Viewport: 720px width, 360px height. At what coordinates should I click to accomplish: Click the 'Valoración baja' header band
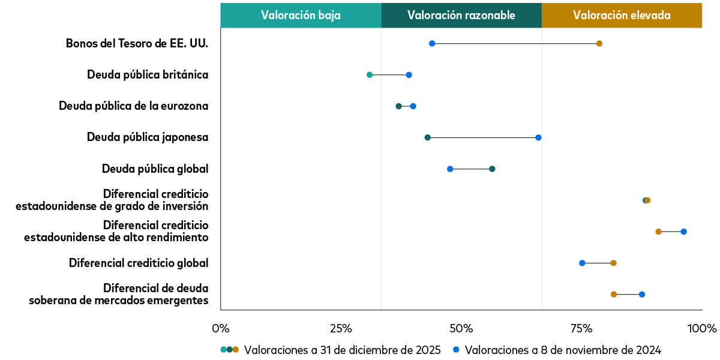click(x=301, y=16)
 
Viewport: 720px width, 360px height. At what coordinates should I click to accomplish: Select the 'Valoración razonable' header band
click(x=461, y=16)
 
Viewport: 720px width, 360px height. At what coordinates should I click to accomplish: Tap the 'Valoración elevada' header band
click(x=621, y=16)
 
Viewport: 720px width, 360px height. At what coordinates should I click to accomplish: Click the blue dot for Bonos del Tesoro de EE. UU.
click(x=432, y=43)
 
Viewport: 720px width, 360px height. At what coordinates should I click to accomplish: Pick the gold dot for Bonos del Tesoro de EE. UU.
click(x=599, y=43)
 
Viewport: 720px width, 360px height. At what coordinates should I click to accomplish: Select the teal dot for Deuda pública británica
click(x=370, y=75)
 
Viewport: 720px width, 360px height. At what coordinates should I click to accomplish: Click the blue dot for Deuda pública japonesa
click(x=538, y=137)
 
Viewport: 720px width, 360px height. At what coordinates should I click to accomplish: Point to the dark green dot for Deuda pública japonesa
click(x=427, y=137)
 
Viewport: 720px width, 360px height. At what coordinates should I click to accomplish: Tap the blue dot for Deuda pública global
click(x=450, y=169)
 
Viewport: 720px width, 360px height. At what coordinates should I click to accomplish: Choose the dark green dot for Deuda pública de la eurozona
click(x=398, y=106)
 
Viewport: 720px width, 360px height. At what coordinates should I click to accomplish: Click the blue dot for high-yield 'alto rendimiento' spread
click(x=683, y=232)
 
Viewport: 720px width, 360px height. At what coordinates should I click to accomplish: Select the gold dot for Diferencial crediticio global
click(x=613, y=263)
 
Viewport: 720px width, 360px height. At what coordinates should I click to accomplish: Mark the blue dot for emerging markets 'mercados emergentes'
click(x=642, y=294)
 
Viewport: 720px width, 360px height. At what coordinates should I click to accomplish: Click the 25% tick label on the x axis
click(x=341, y=329)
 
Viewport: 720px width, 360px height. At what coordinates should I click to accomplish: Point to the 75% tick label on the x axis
click(x=581, y=329)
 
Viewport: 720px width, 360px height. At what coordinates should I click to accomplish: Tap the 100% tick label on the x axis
click(x=701, y=329)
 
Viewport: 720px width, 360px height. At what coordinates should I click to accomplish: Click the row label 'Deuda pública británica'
click(x=148, y=75)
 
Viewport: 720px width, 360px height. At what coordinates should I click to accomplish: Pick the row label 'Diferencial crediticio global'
click(x=139, y=263)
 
